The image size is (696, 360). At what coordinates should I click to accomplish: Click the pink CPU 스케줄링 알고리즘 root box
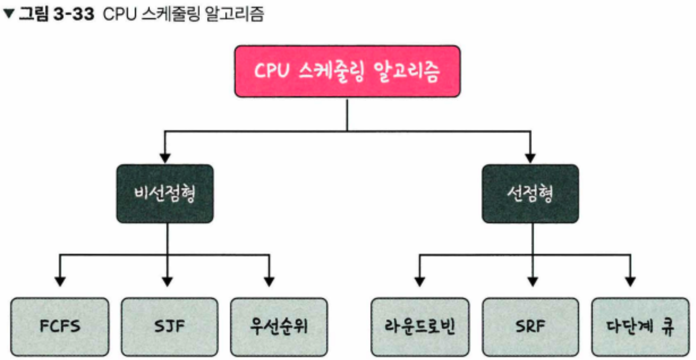[347, 71]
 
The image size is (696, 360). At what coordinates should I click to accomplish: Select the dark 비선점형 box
[165, 194]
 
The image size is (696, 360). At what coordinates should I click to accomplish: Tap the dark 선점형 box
[530, 194]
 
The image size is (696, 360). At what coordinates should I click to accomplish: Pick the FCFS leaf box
[60, 326]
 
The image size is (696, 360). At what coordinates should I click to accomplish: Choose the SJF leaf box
[169, 326]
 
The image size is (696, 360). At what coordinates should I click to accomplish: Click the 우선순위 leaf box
[279, 326]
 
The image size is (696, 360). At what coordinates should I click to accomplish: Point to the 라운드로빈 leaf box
[420, 326]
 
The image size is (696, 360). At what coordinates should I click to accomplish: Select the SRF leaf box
[530, 326]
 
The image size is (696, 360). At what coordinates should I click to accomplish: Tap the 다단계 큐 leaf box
[640, 326]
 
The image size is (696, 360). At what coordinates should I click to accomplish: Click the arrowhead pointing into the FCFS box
[60, 281]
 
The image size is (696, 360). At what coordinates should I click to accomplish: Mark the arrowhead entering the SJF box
[168, 281]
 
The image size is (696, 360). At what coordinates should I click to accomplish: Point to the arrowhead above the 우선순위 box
[269, 281]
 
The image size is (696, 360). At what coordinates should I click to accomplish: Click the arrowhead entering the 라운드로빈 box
[420, 281]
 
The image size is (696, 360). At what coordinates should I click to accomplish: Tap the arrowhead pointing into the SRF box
[532, 281]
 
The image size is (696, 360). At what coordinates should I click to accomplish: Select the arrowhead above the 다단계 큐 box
[630, 281]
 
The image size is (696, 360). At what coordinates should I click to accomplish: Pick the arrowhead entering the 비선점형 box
[165, 158]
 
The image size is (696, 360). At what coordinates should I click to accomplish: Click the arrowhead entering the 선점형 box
[530, 158]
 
